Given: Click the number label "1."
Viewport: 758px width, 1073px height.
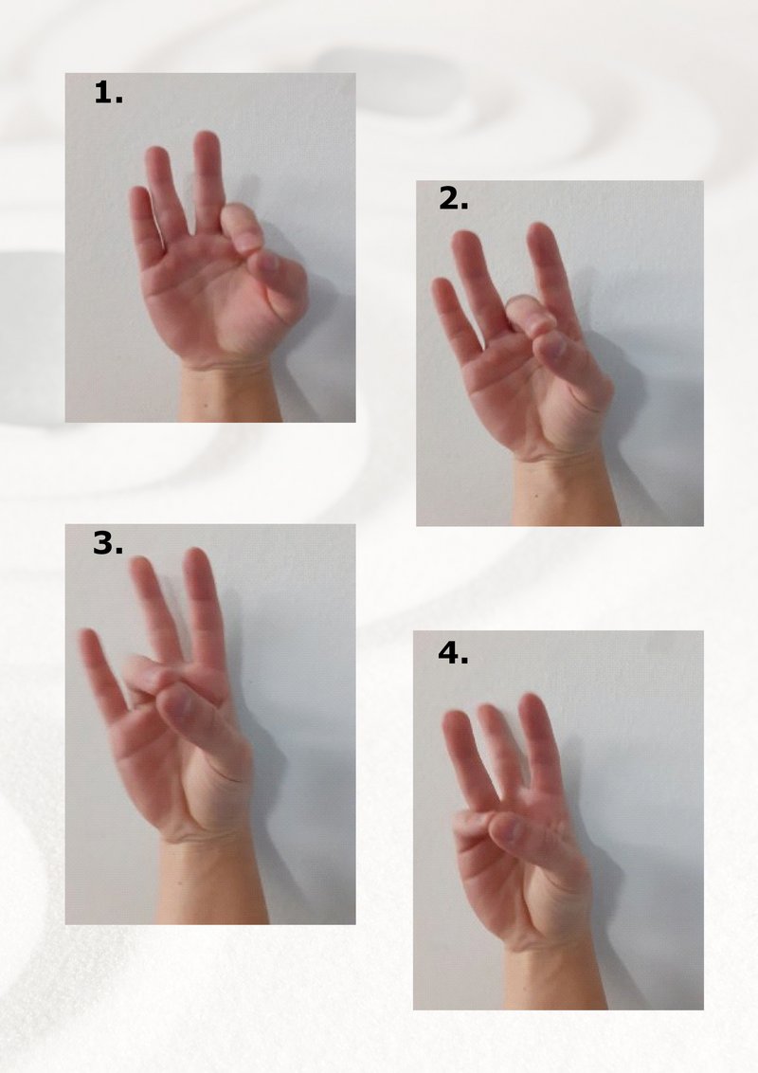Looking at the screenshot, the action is point(108,92).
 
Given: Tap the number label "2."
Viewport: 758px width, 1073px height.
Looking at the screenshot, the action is point(453,199).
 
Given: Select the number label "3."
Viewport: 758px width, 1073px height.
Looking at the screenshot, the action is point(108,543).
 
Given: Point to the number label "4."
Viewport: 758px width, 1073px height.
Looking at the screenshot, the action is point(453,653).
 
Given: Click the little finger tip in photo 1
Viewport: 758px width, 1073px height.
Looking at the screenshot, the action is point(139,193).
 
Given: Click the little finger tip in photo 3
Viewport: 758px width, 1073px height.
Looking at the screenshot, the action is point(88,638).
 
